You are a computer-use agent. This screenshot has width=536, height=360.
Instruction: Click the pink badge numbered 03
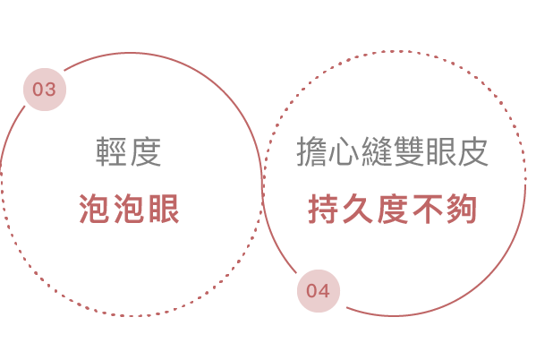(45, 90)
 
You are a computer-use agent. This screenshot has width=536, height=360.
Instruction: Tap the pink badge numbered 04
(319, 291)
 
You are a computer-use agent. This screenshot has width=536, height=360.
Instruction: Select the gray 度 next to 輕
(145, 151)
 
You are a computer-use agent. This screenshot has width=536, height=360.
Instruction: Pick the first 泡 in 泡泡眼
(95, 209)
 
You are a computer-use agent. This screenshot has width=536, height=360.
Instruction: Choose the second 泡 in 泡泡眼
(129, 209)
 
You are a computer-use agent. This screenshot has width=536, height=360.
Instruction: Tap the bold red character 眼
(164, 209)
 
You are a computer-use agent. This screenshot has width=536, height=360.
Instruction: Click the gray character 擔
(311, 151)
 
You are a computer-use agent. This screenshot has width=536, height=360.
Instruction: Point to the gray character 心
(344, 151)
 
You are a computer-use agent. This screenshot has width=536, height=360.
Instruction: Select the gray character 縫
(376, 151)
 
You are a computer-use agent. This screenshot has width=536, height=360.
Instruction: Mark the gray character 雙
(408, 151)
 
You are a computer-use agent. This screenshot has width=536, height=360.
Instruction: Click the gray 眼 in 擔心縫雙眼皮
(440, 151)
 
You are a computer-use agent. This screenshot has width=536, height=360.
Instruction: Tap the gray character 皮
(472, 151)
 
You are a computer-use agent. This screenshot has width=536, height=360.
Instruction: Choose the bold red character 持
(323, 209)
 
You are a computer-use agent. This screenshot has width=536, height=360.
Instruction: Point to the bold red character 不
(427, 209)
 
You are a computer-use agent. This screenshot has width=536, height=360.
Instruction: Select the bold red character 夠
(462, 209)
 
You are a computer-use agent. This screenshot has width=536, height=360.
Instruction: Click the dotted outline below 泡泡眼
(132, 315)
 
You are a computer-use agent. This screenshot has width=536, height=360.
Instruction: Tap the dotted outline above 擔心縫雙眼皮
(394, 52)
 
